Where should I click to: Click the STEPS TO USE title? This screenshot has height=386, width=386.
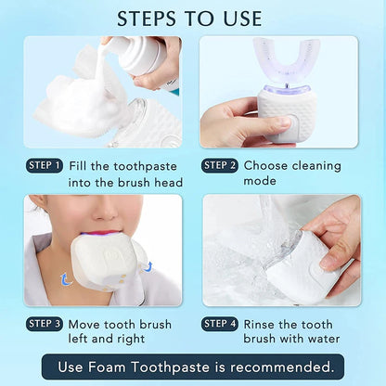193,18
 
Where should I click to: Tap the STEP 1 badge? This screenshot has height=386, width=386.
45,165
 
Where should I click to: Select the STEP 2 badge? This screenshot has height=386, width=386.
220,165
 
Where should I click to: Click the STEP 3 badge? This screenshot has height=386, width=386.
45,324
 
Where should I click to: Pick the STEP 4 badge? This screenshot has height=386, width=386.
220,324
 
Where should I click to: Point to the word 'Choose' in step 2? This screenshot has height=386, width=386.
269,166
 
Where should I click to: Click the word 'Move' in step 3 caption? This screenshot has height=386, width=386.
86,324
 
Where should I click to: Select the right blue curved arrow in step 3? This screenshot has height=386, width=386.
148,267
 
